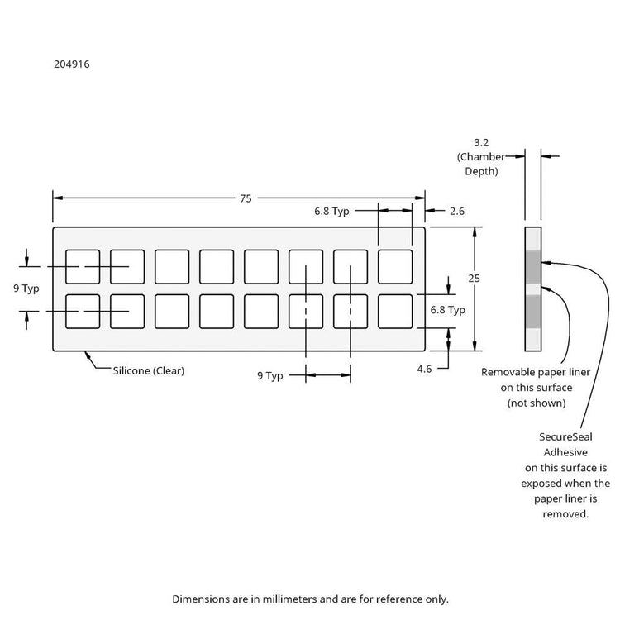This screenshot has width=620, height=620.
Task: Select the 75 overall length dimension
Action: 246,198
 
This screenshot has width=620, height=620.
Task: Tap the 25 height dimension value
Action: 475,279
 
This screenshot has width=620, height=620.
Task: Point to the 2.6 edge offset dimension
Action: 457,212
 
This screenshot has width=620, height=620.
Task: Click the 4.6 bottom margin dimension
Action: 424,369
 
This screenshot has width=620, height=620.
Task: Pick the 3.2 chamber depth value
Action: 482,141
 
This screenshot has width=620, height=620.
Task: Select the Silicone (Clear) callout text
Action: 149,371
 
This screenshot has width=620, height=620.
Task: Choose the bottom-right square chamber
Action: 395,311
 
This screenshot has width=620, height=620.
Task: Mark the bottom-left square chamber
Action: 83,311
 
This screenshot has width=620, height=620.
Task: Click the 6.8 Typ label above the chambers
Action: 331,212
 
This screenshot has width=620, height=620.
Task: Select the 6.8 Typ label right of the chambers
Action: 448,310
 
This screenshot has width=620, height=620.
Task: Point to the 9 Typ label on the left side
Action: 26,289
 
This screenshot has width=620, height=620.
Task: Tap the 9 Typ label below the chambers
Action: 270,375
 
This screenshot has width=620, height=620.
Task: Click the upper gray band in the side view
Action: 533,265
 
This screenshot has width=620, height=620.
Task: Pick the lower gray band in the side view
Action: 533,311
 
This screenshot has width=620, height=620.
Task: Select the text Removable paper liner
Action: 536,372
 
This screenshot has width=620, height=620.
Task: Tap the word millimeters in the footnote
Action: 348,598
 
